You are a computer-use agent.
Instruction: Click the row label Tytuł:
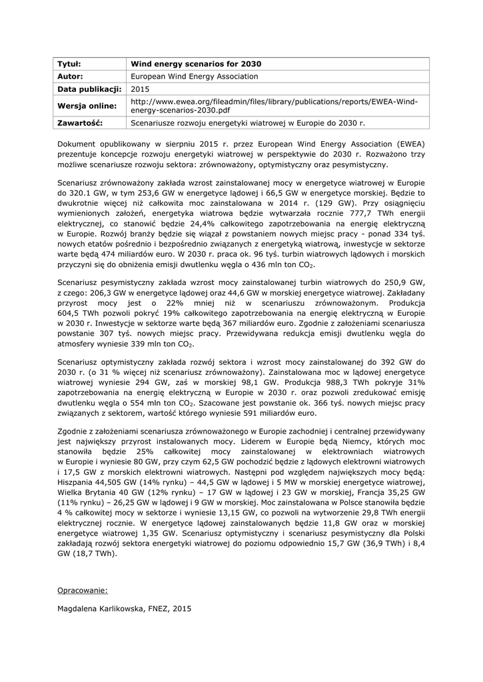click(x=69, y=64)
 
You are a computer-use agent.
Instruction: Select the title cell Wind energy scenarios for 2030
click(x=196, y=64)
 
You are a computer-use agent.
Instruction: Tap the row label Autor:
click(x=70, y=77)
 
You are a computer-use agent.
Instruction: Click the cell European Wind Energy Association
click(x=195, y=77)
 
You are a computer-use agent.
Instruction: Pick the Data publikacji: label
click(x=89, y=89)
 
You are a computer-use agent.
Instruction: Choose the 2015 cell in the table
click(x=140, y=89)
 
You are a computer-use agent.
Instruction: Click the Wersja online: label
click(x=87, y=106)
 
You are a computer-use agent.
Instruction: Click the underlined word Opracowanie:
click(x=83, y=590)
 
